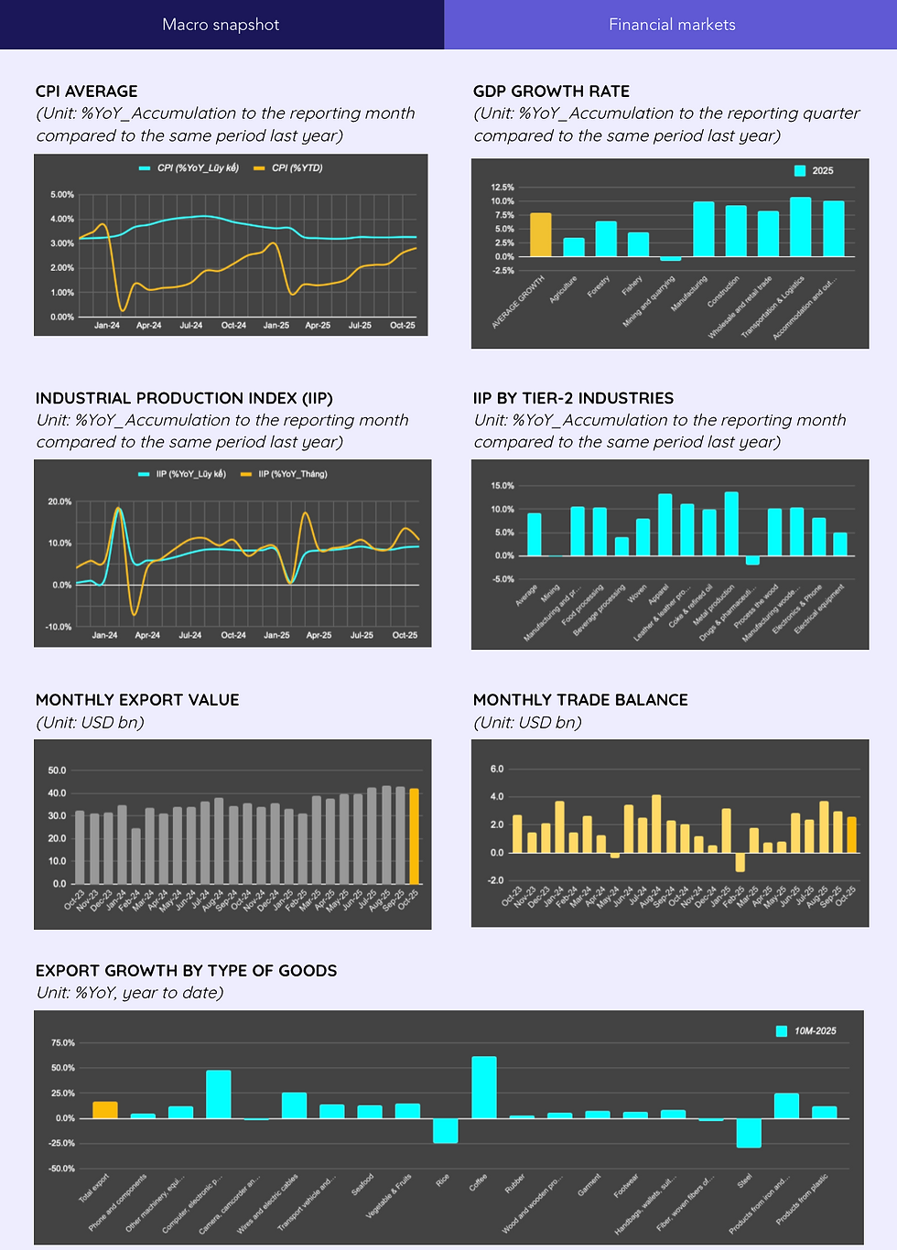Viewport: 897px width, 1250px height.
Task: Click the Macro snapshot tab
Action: [x=221, y=25]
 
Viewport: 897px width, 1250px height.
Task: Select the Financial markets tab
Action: [x=672, y=25]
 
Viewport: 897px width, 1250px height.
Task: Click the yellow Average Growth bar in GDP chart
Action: [x=541, y=235]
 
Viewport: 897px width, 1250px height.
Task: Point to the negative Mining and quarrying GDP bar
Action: [x=671, y=259]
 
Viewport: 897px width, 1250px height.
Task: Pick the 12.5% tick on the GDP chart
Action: [x=503, y=188]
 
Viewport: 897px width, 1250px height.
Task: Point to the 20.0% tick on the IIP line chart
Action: [x=59, y=502]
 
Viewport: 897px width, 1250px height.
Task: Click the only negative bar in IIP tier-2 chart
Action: [x=752, y=560]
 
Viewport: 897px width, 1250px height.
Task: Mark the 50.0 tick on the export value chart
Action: [x=57, y=770]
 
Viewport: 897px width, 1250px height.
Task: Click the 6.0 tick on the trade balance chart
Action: [x=497, y=770]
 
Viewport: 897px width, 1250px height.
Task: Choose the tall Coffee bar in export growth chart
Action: [x=484, y=1087]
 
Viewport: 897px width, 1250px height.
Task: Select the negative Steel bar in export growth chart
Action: [x=749, y=1133]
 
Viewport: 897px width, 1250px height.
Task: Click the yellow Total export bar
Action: [x=105, y=1110]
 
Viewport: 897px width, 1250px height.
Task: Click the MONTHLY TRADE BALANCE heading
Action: [x=580, y=700]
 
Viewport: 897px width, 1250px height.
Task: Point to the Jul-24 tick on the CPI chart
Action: [x=190, y=325]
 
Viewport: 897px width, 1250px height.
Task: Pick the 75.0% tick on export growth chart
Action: [x=63, y=1043]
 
